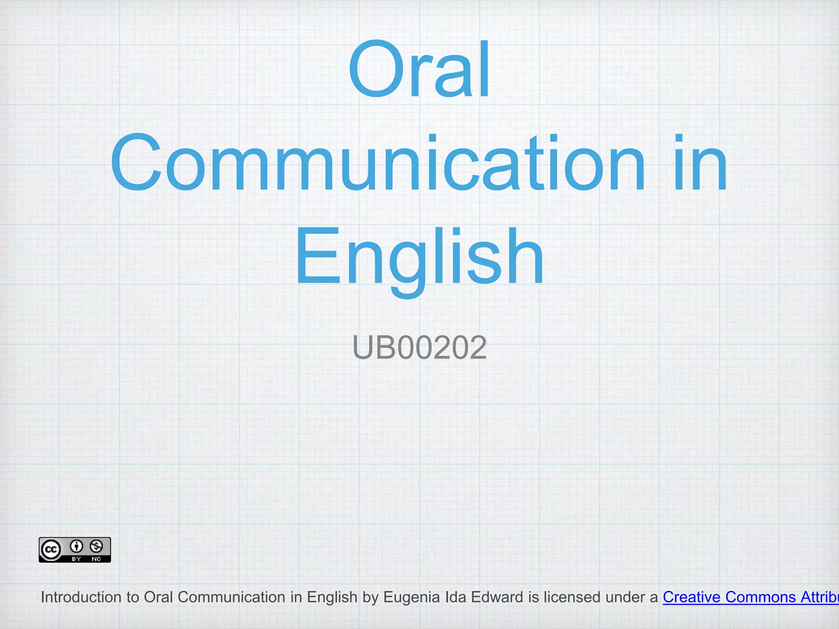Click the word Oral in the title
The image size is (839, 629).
click(419, 70)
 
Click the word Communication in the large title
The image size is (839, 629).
click(377, 164)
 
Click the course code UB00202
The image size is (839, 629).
click(419, 348)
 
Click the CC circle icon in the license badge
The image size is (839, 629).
click(51, 550)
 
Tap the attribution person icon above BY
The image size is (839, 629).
click(76, 546)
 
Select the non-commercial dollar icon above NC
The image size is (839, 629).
click(96, 546)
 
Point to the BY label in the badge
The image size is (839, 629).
click(76, 559)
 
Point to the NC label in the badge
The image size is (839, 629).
click(96, 559)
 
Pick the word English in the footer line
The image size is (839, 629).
click(332, 597)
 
